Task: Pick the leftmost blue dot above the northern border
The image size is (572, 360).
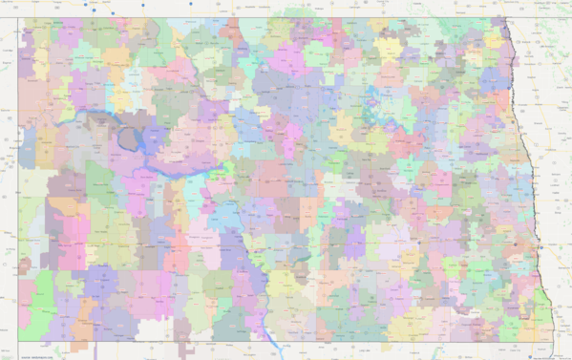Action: tap(85, 4)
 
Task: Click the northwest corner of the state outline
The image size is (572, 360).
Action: tap(18, 17)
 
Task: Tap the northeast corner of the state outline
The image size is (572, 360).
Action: tap(502, 17)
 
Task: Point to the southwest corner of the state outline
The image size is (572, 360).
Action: tap(18, 340)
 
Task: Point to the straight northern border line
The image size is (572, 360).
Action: tap(286, 17)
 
